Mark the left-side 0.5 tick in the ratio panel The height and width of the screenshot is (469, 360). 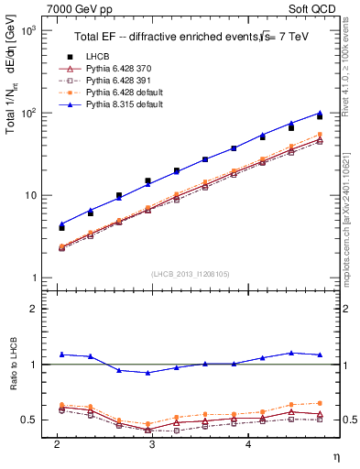click(31, 420)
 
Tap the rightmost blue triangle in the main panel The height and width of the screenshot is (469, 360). click(320, 113)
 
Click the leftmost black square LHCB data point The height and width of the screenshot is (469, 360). click(61, 226)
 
